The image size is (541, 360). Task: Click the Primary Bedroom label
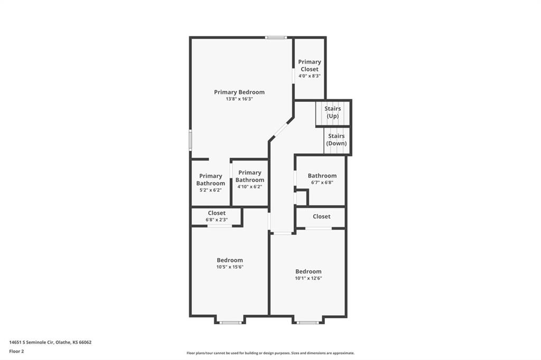239,92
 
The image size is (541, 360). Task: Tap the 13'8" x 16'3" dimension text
239,99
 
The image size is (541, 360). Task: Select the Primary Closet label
310,65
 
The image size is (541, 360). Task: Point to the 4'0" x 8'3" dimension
310,76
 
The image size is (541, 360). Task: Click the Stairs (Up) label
333,112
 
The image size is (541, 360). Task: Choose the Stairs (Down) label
337,140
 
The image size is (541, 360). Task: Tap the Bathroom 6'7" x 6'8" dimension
322,183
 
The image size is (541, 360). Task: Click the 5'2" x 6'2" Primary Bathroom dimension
210,190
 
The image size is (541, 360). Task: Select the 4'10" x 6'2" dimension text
250,187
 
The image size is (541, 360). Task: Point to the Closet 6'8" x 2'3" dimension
217,220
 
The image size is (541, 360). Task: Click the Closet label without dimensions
322,216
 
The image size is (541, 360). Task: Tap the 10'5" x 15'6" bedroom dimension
230,267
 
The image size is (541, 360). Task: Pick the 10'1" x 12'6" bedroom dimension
309,278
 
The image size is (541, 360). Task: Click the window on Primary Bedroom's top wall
276,37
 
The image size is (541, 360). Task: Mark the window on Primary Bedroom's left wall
190,140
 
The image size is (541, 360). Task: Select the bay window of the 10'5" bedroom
231,323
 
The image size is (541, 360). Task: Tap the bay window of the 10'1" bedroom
308,323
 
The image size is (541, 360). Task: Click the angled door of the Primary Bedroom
281,130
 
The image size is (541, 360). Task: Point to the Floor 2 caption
16,352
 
